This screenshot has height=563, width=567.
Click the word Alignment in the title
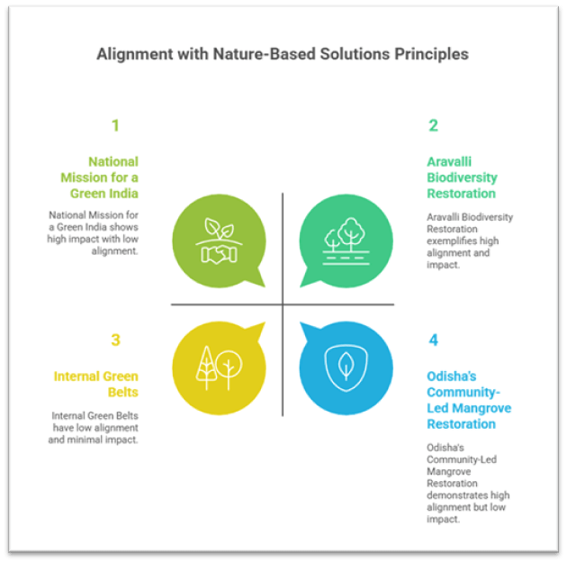point(132,54)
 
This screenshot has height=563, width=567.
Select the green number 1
point(115,125)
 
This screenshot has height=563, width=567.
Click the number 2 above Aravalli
point(433,125)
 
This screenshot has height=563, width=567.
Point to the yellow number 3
point(115,340)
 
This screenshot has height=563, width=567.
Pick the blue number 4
point(433,340)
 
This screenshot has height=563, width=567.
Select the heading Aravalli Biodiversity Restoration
point(461,177)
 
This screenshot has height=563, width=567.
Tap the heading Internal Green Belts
point(95,384)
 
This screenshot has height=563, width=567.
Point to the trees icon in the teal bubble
point(345,239)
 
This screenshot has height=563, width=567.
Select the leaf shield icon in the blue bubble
point(345,366)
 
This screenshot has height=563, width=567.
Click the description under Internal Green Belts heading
point(94,428)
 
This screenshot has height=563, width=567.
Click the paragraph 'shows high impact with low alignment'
point(94,233)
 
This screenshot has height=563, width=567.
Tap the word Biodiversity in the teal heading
point(461,177)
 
